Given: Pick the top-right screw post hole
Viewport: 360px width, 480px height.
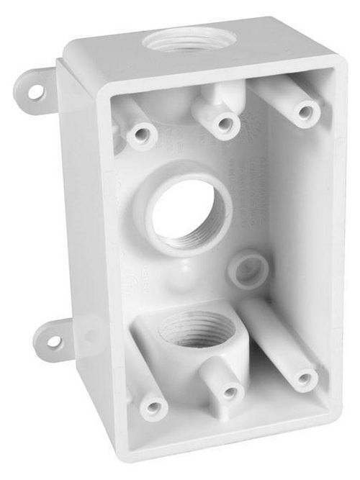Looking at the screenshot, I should pyautogui.click(x=305, y=112).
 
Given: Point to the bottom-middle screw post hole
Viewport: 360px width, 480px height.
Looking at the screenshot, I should pyautogui.click(x=230, y=392).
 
